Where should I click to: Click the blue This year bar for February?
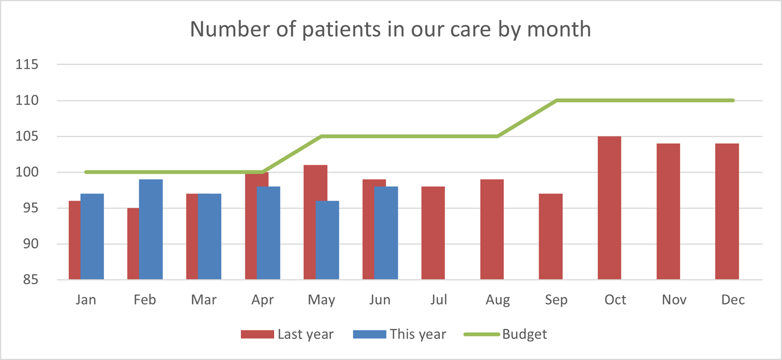point(151,230)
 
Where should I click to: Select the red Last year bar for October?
point(609,208)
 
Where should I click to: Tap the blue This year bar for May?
point(327,240)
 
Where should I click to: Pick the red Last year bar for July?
point(433,233)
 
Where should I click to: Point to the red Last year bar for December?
point(727,212)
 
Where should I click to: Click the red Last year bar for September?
point(551,237)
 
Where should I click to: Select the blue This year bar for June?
point(386,233)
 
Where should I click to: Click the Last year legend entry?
point(287,334)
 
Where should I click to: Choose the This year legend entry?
point(400,334)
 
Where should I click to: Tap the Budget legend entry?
point(505,334)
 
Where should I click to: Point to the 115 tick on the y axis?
point(27,64)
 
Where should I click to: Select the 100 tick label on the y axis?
point(27,172)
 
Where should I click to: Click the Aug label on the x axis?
point(498,299)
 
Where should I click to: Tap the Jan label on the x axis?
point(86,299)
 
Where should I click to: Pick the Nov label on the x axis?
point(674,299)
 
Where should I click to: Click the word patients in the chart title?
point(341,29)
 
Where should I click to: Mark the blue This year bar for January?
point(92,237)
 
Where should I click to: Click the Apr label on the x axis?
point(262,299)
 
